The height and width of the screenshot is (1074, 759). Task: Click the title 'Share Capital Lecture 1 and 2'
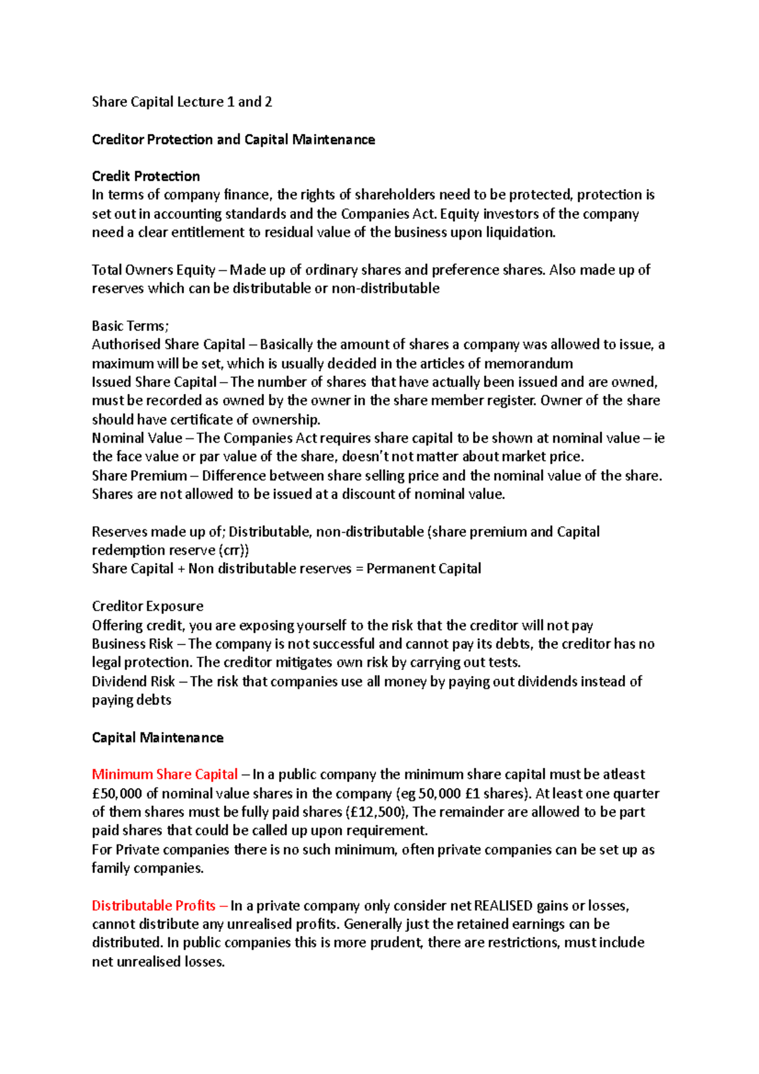pyautogui.click(x=182, y=102)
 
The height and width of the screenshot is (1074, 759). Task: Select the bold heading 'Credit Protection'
pyautogui.click(x=145, y=176)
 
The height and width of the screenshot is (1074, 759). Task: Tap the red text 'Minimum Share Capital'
pyautogui.click(x=164, y=775)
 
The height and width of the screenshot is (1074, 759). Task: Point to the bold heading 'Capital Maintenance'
pyautogui.click(x=157, y=738)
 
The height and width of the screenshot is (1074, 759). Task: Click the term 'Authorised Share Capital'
pyautogui.click(x=168, y=345)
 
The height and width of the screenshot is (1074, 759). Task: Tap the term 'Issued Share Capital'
pyautogui.click(x=154, y=382)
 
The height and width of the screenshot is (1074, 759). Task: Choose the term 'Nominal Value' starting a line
pyautogui.click(x=137, y=438)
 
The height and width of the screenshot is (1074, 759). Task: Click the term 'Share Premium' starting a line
pyautogui.click(x=139, y=476)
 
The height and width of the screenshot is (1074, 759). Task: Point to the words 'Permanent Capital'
pyautogui.click(x=424, y=569)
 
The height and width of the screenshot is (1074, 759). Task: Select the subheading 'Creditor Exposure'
pyautogui.click(x=147, y=607)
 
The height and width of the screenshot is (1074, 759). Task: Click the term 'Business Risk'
pyautogui.click(x=132, y=644)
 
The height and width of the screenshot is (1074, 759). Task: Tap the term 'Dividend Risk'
pyautogui.click(x=133, y=682)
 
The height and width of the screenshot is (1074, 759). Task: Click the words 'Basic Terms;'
pyautogui.click(x=130, y=326)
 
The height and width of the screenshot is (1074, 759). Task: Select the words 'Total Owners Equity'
pyautogui.click(x=154, y=270)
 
